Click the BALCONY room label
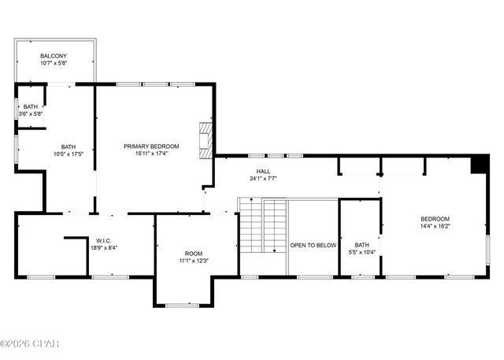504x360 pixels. [54, 56]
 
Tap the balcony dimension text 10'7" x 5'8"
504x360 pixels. [54, 64]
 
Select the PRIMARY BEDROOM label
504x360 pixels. [151, 147]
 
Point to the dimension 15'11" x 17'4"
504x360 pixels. [151, 154]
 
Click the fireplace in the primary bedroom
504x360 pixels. [206, 140]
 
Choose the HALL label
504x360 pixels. [263, 171]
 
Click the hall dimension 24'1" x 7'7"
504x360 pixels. [263, 179]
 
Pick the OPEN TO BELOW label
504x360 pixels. [313, 245]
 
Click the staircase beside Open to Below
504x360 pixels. [262, 226]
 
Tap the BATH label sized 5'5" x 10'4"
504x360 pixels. [361, 245]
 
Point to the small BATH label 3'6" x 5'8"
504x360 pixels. [30, 107]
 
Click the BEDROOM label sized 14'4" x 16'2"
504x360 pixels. [435, 219]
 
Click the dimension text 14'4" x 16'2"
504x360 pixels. [435, 227]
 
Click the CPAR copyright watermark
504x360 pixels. [30, 343]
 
